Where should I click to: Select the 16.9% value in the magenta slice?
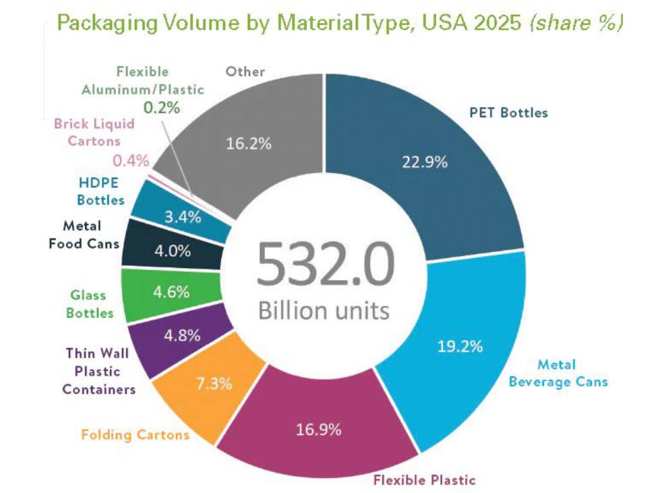pyautogui.click(x=318, y=428)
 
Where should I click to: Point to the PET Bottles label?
pyautogui.click(x=508, y=112)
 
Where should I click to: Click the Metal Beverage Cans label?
pyautogui.click(x=558, y=373)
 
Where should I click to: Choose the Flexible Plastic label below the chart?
pyautogui.click(x=424, y=480)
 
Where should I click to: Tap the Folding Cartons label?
pyautogui.click(x=136, y=434)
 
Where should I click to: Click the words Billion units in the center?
pyautogui.click(x=324, y=310)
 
